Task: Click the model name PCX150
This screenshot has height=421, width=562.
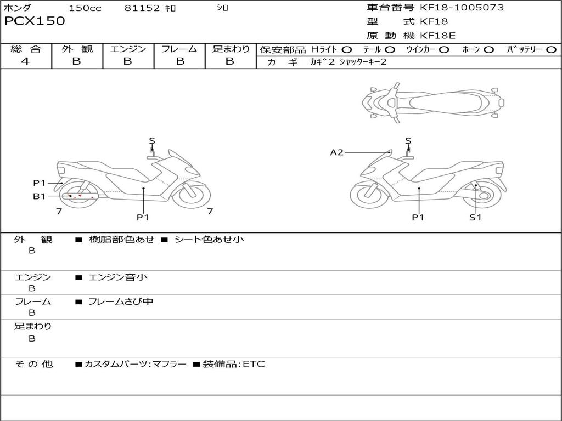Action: coord(35,21)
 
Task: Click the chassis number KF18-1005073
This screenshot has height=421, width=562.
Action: coord(462,8)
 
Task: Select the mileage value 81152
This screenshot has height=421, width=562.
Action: coord(142,8)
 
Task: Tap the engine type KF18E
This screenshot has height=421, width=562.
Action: coord(437,36)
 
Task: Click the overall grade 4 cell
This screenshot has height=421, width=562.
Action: coord(25,61)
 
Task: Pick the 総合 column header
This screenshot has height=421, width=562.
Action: coord(26,49)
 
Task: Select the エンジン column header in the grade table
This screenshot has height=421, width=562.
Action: coord(128,49)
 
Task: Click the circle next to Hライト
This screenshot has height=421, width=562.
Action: coord(347,49)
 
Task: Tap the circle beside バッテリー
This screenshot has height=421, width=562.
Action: coord(552,49)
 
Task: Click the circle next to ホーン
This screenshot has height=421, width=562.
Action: coord(488,49)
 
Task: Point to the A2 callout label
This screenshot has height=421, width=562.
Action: coord(336,152)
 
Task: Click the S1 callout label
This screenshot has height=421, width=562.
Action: coord(475,217)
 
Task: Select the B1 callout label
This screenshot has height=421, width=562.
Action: coord(39,196)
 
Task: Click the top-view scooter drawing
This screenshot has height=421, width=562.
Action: coord(433,101)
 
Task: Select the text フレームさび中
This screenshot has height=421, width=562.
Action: coord(121,301)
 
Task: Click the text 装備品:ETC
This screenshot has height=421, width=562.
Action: coord(233,364)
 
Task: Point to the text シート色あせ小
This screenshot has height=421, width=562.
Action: coord(209,240)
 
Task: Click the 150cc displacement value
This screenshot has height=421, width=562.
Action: coord(85,8)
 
